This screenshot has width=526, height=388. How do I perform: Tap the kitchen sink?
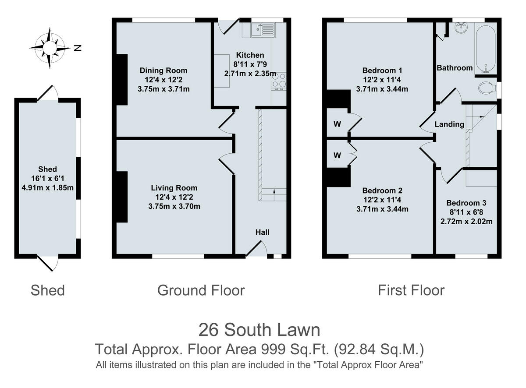262,29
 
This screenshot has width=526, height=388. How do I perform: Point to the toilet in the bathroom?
487,88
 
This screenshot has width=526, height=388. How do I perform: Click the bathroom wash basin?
461,28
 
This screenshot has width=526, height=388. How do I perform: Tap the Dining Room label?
163,71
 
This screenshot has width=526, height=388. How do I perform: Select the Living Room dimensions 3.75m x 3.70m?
174,206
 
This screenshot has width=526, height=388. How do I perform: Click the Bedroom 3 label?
466,203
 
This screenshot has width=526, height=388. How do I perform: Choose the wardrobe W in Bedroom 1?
337,124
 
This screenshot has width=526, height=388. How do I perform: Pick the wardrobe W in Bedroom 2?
337,155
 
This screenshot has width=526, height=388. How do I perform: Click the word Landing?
449,124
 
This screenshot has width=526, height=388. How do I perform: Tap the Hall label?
263,232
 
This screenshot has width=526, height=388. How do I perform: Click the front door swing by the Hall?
257,250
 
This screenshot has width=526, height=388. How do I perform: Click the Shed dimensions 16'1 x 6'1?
47,179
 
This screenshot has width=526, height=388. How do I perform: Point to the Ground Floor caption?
201,290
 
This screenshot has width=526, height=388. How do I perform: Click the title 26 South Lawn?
259,329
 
